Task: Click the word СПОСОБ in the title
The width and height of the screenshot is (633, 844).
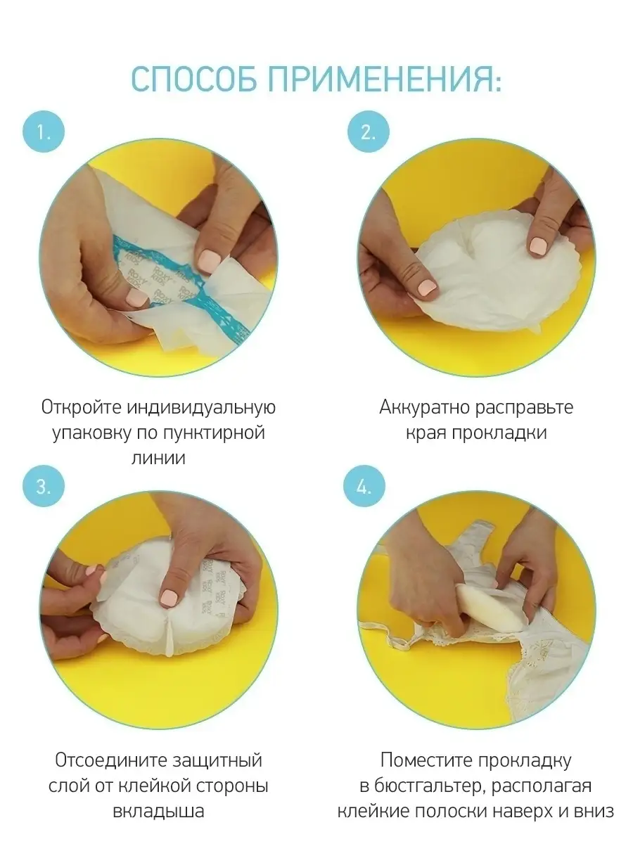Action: point(195,79)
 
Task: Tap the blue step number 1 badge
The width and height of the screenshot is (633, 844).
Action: point(44,132)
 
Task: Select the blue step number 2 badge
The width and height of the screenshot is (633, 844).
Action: point(369,132)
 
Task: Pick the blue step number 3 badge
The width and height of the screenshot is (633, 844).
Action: point(44,487)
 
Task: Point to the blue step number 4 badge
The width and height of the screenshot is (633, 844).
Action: point(364,487)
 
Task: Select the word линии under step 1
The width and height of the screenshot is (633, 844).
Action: point(158,458)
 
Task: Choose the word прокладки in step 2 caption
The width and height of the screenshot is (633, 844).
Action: point(499,433)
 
